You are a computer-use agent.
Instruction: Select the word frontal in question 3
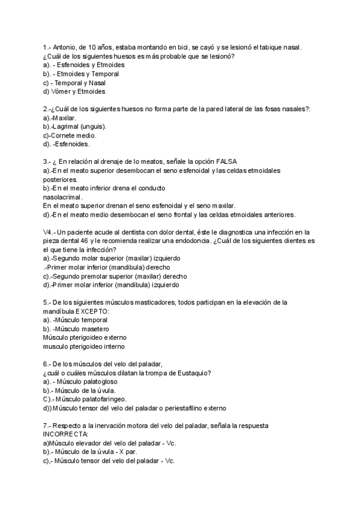coord(181,214)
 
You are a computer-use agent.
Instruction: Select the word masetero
coord(94,329)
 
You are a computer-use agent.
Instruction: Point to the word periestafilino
coord(176,408)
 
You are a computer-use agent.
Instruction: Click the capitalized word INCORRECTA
coord(65,434)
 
